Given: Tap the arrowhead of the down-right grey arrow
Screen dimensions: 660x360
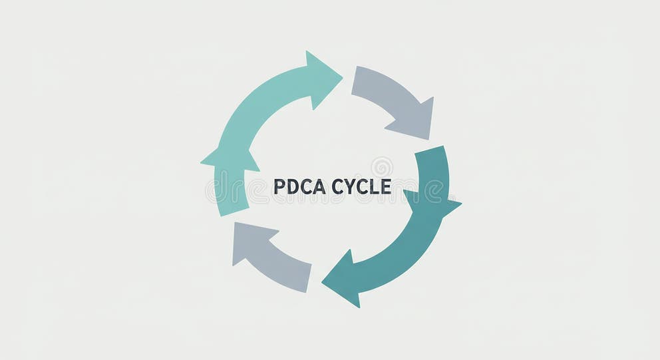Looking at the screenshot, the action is pos(416,120).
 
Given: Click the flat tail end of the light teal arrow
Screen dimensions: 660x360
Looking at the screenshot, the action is pos(233,206).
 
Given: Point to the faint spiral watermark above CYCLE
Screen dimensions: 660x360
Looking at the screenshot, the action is pos(382,166).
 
